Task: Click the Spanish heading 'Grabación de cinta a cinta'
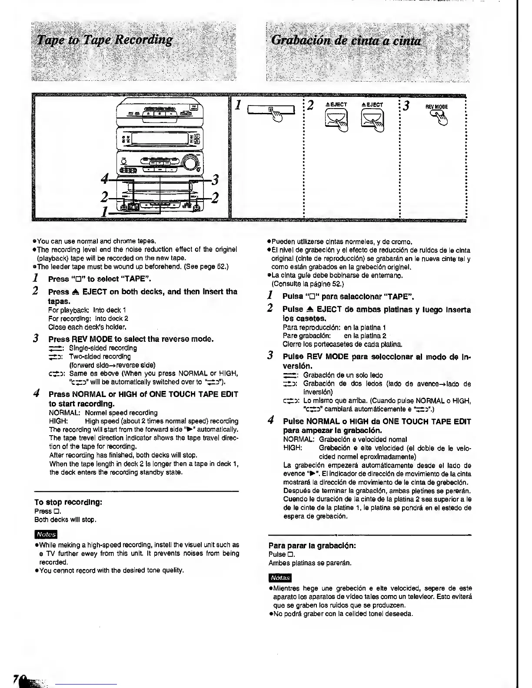click(346, 41)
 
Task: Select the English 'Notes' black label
click(46, 534)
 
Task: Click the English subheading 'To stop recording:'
click(68, 502)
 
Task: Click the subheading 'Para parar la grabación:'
click(312, 546)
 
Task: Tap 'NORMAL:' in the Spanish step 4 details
click(298, 440)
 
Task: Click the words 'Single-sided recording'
click(103, 348)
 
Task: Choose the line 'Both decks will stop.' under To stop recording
click(65, 519)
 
